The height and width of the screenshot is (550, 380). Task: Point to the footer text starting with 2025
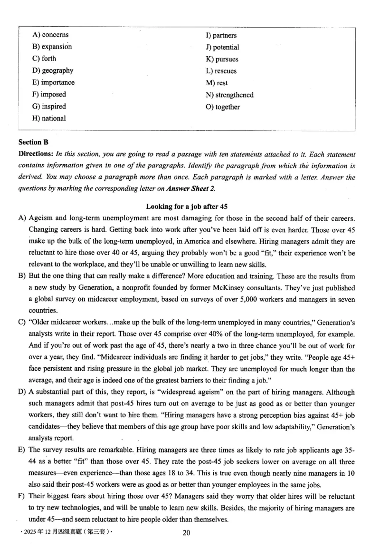(64, 532)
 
